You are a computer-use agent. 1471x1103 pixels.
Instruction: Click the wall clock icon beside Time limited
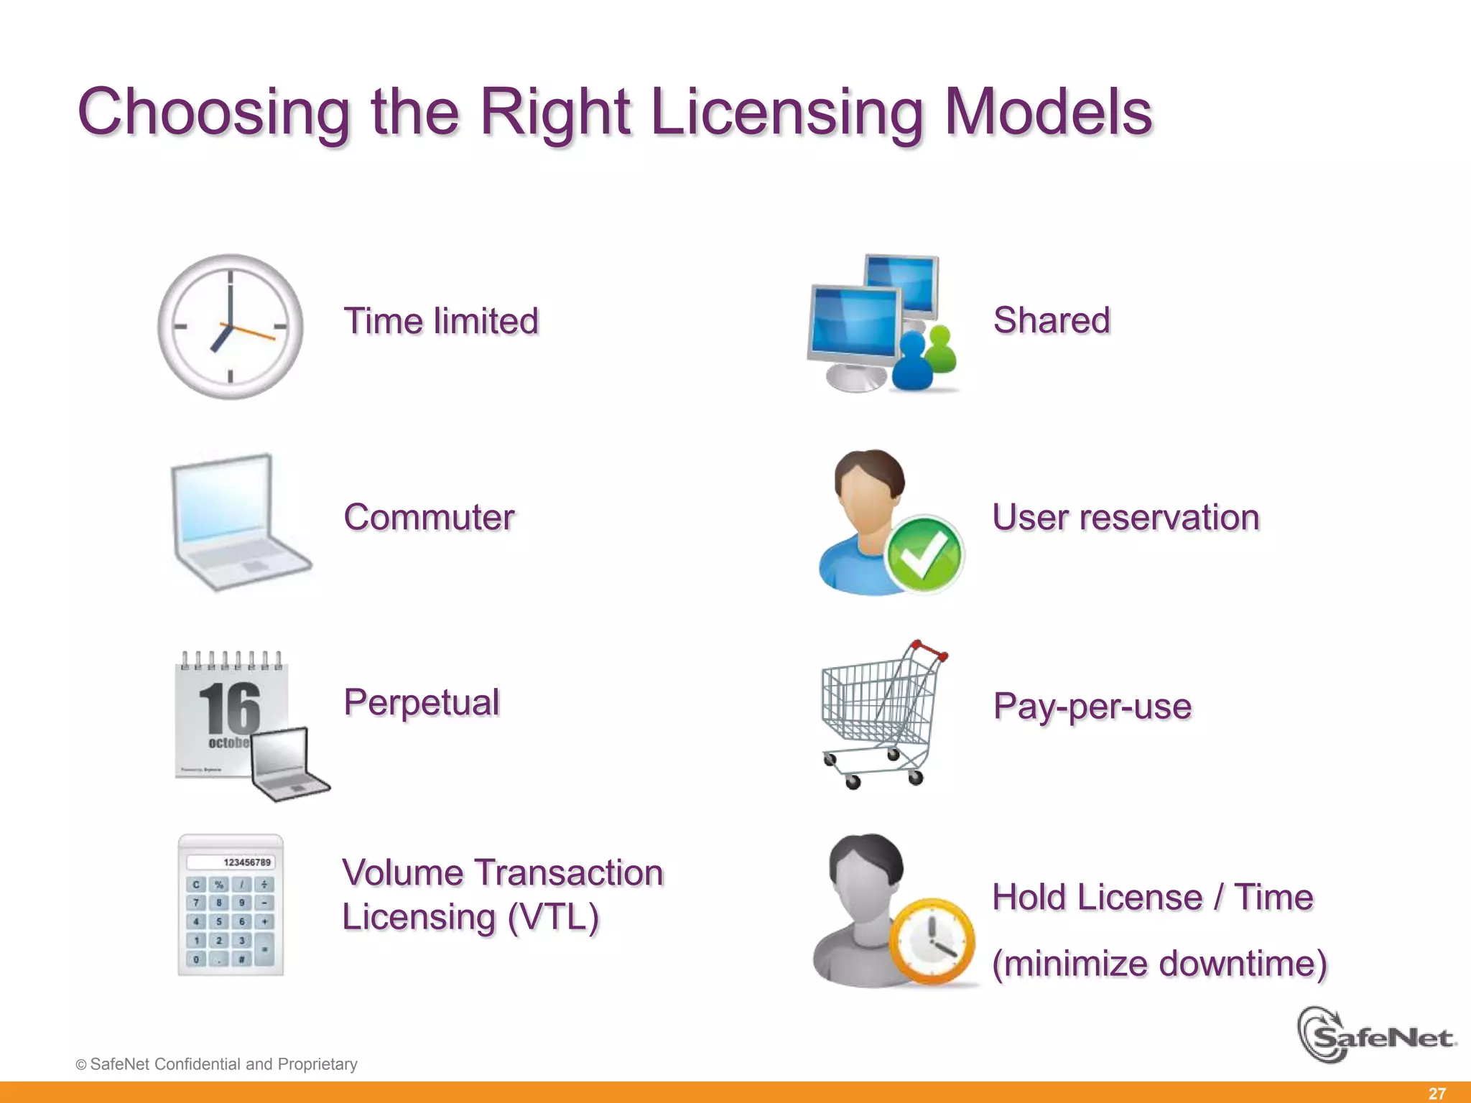(x=230, y=327)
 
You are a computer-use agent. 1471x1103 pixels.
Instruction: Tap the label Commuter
(x=429, y=517)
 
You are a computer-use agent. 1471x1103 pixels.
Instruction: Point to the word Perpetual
(x=422, y=702)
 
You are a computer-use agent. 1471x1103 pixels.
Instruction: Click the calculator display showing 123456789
(x=231, y=862)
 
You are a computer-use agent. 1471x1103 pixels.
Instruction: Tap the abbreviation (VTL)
(x=553, y=918)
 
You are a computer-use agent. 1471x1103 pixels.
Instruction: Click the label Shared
(x=1052, y=320)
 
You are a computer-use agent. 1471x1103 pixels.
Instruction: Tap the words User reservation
(x=1126, y=517)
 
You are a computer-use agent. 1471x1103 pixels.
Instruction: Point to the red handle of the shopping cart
(x=929, y=651)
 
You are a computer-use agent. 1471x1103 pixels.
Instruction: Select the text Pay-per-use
(x=1092, y=706)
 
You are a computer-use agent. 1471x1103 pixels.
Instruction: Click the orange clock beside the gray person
(x=932, y=941)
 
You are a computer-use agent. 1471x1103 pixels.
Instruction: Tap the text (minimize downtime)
(x=1159, y=963)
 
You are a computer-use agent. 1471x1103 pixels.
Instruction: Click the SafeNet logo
(x=1375, y=1036)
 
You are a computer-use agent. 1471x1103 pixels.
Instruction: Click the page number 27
(x=1437, y=1093)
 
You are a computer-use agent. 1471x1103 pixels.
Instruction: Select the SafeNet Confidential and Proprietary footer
(x=216, y=1064)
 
